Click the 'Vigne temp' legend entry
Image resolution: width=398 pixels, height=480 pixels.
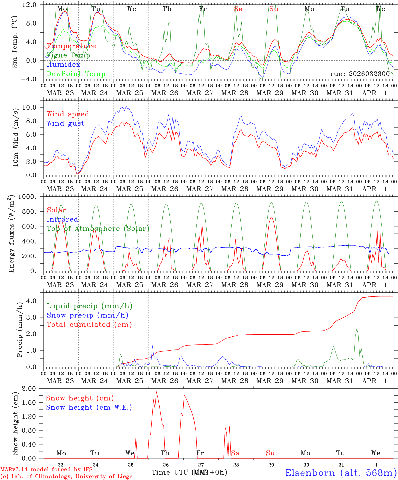(68, 55)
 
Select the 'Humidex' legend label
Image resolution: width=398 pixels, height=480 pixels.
(63, 64)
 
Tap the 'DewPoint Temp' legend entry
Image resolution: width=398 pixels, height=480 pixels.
(76, 74)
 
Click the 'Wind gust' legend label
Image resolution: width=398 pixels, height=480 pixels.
(65, 123)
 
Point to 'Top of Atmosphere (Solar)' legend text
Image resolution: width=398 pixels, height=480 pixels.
(98, 229)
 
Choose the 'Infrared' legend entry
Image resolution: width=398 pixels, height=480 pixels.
(62, 219)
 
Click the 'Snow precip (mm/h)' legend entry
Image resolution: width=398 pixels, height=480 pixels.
(87, 315)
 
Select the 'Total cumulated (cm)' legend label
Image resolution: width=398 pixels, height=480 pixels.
(89, 324)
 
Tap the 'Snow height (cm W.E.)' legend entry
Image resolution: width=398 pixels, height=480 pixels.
(89, 407)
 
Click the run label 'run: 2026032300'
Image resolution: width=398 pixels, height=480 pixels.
(360, 74)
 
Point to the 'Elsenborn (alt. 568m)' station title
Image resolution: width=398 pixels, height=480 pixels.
(341, 473)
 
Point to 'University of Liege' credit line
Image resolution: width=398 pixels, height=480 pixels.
(66, 476)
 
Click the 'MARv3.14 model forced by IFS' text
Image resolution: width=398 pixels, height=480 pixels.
(46, 470)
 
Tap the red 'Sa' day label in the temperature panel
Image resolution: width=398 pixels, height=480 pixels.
(238, 9)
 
